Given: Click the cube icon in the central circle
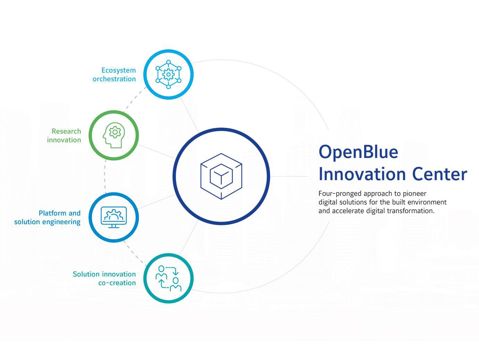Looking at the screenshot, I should [221, 176].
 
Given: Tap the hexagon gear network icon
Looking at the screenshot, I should [168, 74].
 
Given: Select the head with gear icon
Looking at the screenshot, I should [113, 135].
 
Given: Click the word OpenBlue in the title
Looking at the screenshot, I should [358, 152].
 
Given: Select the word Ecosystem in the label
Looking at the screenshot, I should [118, 70].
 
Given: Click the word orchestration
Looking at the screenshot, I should [114, 79].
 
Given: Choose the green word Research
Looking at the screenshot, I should [66, 131].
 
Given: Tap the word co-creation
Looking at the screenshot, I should [117, 283].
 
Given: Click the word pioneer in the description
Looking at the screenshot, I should [414, 194].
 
